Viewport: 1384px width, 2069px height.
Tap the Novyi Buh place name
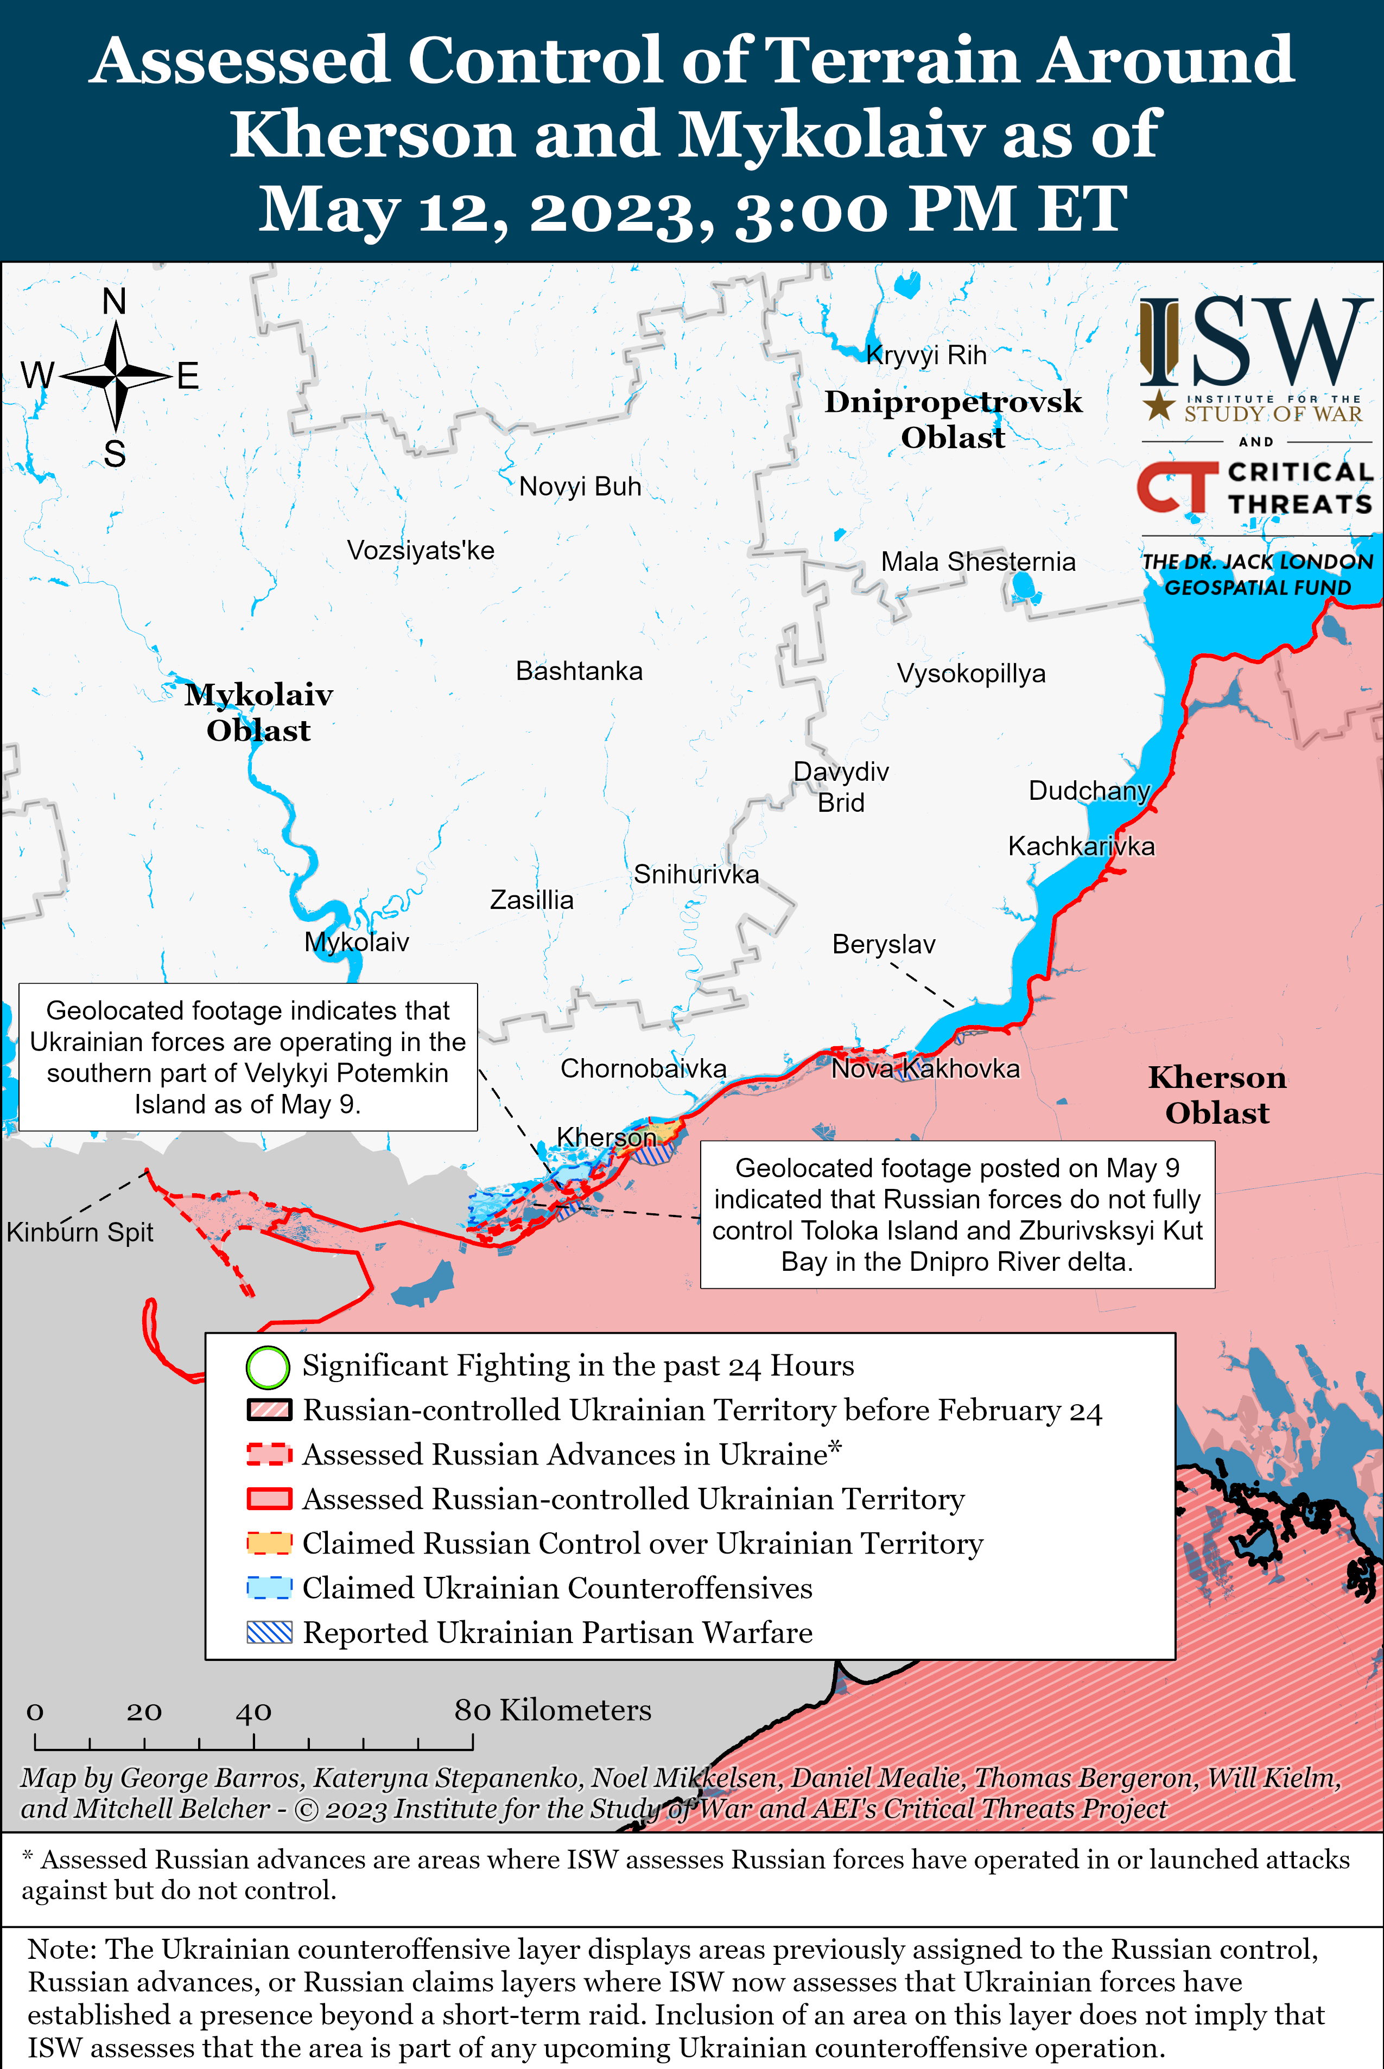(580, 487)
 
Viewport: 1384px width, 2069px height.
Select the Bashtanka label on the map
(579, 671)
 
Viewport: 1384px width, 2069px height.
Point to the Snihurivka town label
(696, 874)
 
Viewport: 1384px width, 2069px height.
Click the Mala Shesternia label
(978, 562)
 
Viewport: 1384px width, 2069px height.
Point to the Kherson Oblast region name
(1217, 1095)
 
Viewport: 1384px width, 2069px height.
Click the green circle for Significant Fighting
(268, 1367)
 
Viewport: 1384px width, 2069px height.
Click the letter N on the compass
(114, 302)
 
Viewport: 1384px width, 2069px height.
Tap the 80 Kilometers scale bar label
(553, 1710)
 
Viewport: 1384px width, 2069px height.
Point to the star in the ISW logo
(1158, 407)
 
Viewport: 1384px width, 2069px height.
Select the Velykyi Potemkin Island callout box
(248, 1057)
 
